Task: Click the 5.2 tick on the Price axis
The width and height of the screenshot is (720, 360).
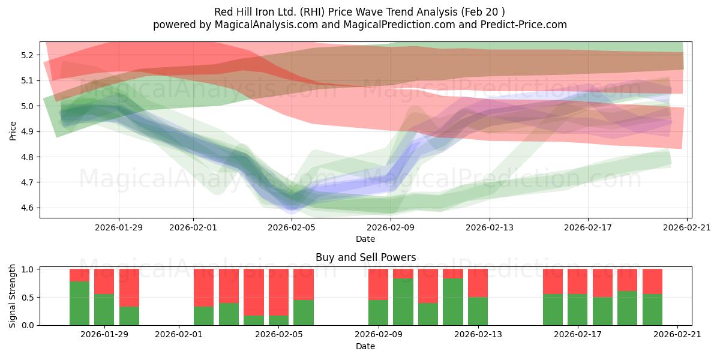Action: point(27,55)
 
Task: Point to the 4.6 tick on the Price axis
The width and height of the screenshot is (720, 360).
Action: point(27,208)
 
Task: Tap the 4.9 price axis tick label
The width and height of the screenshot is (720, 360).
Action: point(27,132)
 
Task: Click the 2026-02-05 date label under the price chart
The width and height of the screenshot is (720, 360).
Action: point(292,227)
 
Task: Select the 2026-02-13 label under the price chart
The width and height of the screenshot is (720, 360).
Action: point(490,227)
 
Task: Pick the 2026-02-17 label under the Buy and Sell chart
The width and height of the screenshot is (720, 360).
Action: point(578,335)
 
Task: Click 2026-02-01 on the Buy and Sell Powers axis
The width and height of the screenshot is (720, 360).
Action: point(179,335)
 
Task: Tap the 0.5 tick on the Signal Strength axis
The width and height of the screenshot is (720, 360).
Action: point(27,298)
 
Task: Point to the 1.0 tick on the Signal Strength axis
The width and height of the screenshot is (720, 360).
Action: point(27,269)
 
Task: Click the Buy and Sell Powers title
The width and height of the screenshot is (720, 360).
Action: point(366,257)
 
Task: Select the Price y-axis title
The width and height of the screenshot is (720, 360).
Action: point(13,131)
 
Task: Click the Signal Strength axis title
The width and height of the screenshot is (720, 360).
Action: point(12,296)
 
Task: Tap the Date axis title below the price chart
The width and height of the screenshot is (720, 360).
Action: point(365,239)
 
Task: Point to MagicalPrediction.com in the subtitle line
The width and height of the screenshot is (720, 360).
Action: point(399,25)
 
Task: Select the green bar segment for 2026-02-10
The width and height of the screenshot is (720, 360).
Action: point(403,302)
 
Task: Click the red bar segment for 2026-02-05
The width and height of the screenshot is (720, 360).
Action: point(278,292)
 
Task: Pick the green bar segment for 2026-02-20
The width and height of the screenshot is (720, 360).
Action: point(653,310)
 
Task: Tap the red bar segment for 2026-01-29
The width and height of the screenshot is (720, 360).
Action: point(104,281)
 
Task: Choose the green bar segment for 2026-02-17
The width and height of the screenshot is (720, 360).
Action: point(578,310)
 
